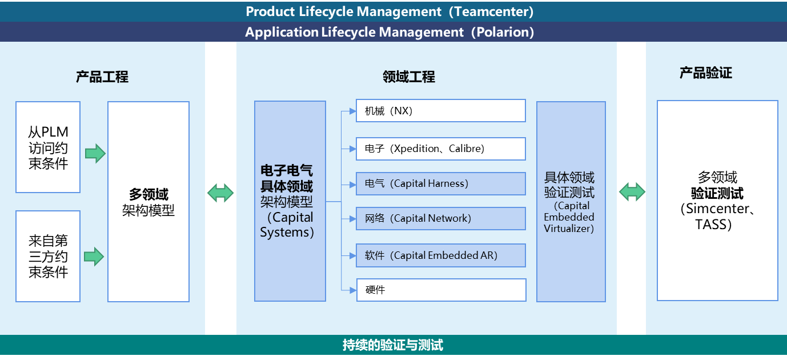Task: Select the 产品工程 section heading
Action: coord(102,77)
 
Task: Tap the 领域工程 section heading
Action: coord(409,77)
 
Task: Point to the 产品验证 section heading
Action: coord(705,73)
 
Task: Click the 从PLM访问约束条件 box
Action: coord(48,147)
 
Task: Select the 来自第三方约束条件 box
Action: coord(48,256)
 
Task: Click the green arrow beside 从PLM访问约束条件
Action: coord(95,153)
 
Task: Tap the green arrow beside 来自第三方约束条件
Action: coord(95,256)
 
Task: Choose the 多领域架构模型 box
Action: coord(148,202)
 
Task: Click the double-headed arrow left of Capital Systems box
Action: coord(220,193)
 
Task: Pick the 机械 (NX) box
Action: coord(440,111)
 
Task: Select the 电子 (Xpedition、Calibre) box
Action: coord(440,149)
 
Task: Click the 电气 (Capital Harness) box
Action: coord(440,183)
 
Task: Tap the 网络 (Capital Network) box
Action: coord(440,218)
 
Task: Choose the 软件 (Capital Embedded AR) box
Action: coord(440,255)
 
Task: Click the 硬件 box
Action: coord(440,290)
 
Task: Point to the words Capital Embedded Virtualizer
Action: coord(569,217)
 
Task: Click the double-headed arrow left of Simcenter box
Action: coord(632,191)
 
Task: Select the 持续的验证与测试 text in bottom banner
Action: coord(393,345)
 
